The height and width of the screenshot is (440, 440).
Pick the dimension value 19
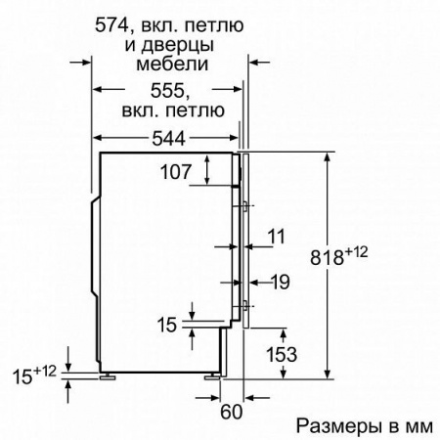pyautogui.click(x=281, y=284)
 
